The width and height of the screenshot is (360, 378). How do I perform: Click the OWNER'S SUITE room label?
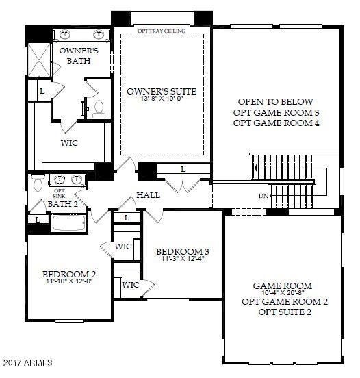[x=162, y=90]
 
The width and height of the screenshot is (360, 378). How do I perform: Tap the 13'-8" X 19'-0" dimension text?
[x=162, y=99]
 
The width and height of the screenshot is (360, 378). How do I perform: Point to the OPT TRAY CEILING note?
[x=162, y=32]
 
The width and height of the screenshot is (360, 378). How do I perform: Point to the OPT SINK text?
[x=60, y=193]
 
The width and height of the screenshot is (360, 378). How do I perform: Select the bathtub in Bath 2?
[x=68, y=223]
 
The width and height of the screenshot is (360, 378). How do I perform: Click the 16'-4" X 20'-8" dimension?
[x=282, y=293]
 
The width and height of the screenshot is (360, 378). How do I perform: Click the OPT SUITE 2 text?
[x=282, y=312]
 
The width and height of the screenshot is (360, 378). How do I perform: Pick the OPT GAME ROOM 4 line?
[x=276, y=123]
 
